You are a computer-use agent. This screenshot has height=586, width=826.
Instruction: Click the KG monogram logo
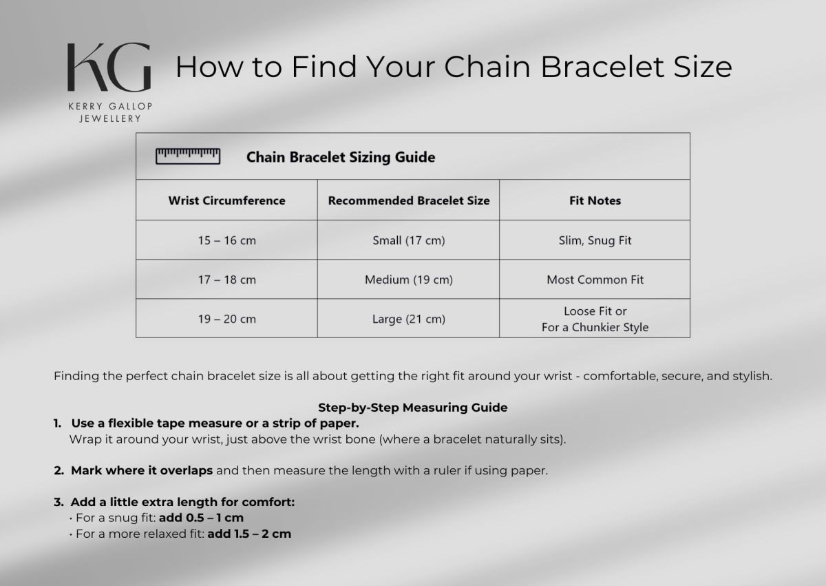coord(109,67)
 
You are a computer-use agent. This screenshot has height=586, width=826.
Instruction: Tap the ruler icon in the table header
coord(188,156)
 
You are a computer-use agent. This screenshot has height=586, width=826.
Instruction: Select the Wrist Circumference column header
coord(226,200)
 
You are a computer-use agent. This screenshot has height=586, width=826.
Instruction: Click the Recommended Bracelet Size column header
coord(409,200)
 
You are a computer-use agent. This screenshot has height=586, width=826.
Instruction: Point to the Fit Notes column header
coord(595,200)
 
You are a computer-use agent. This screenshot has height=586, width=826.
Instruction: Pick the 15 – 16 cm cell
coord(226,240)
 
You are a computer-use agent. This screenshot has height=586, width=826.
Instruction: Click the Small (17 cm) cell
coord(409,240)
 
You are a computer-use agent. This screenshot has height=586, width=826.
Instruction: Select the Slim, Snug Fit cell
coord(595,240)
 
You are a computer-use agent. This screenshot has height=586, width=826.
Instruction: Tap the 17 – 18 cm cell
coord(226,280)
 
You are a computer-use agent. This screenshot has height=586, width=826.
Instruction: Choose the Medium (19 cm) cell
coord(409,280)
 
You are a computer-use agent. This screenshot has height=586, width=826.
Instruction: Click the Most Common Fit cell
coord(595,280)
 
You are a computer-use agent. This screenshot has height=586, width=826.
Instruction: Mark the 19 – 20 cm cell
coord(226,319)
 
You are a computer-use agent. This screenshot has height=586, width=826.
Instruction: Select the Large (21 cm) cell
coord(409,319)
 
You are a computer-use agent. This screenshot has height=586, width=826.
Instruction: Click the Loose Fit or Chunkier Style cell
coord(595,319)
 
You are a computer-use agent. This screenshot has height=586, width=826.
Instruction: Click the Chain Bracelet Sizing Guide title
coord(341,157)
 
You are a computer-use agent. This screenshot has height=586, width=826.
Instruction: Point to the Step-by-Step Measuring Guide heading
coord(412,408)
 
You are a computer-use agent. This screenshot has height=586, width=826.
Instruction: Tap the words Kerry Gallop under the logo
coord(110,107)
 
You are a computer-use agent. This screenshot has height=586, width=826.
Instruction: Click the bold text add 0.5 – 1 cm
coord(201,518)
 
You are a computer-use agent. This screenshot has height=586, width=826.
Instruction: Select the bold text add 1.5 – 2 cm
coord(249,534)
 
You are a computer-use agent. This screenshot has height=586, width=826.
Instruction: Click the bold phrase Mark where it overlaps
coord(142,470)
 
